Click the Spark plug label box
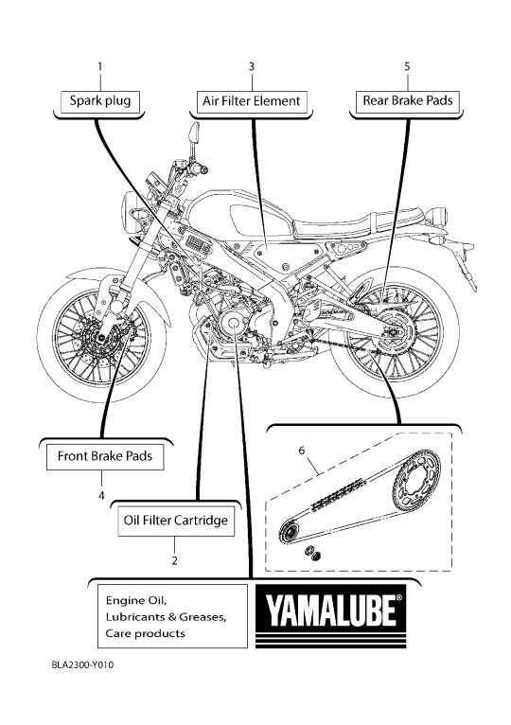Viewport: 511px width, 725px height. click(100, 101)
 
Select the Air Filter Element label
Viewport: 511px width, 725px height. click(252, 101)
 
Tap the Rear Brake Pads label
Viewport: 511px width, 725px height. click(408, 101)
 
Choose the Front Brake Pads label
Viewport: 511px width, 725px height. click(105, 457)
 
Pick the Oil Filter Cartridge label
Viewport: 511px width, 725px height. click(176, 521)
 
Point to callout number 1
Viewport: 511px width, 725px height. click(100, 67)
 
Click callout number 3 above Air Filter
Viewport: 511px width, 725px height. click(252, 67)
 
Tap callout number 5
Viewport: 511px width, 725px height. click(407, 67)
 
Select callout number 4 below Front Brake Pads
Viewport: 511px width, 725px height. click(101, 496)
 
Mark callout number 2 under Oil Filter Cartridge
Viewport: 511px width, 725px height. click(174, 561)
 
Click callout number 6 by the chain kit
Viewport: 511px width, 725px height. click(302, 450)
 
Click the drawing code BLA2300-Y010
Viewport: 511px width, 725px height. click(82, 665)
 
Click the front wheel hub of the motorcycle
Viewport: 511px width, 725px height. click(100, 340)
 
